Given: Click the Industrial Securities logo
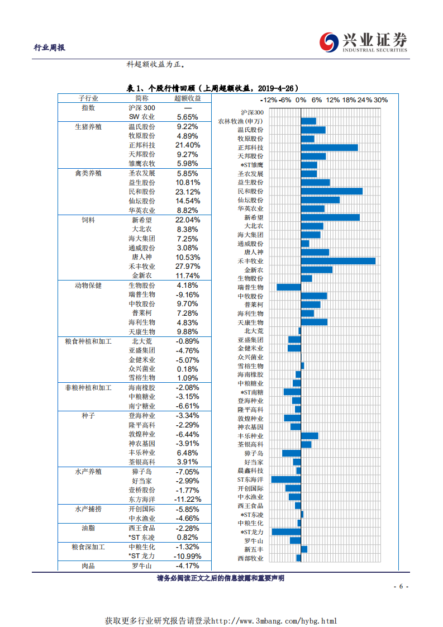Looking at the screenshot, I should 364,42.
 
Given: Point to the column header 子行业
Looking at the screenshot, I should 88,98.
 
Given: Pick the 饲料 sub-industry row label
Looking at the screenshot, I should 88,220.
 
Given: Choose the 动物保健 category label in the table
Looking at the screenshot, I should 88,286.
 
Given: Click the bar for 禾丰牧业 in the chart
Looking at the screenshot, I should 338,261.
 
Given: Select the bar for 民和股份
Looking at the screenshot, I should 331,191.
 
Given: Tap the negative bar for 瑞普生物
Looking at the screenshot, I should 289,287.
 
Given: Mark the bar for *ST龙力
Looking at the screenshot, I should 287,532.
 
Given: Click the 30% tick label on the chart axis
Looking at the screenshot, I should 380,100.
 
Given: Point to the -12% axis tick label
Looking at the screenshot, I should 269,100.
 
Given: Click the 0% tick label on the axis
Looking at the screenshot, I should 301,100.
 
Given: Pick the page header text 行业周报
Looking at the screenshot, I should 50,47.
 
